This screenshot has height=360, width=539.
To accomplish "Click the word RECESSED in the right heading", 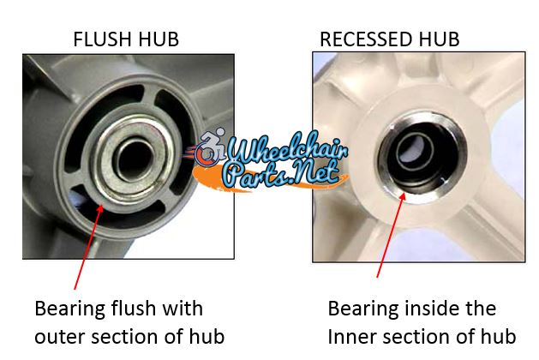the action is click(367, 39).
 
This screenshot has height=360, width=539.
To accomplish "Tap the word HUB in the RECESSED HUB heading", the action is click(439, 39).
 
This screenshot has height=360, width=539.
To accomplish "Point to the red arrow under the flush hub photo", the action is click(88, 247).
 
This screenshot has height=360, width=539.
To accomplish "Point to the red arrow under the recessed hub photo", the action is click(392, 235).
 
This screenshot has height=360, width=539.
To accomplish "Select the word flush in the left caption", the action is click(134, 308).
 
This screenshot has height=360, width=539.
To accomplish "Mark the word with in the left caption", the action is click(183, 308).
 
